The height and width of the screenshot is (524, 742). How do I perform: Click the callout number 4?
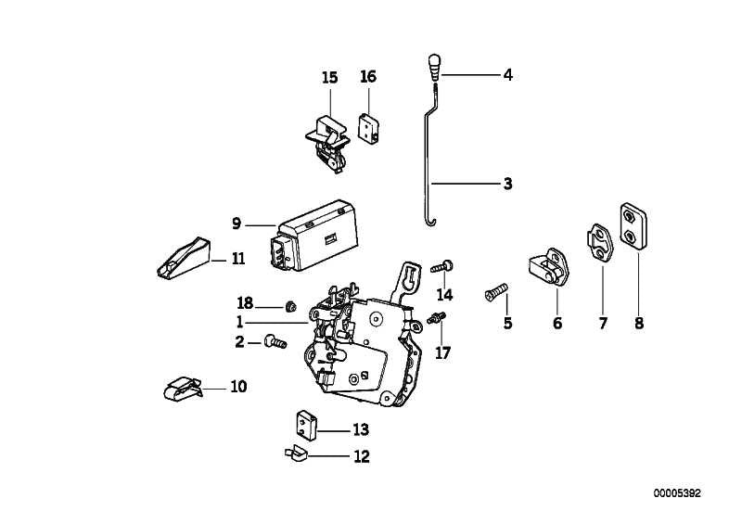[x=507, y=74]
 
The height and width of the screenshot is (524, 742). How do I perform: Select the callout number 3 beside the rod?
[x=507, y=184]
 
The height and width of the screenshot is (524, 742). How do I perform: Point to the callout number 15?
[x=330, y=77]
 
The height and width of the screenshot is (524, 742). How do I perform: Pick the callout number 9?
[x=237, y=224]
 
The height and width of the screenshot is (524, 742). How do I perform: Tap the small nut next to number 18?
[x=290, y=305]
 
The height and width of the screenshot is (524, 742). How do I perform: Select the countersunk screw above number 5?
[x=493, y=292]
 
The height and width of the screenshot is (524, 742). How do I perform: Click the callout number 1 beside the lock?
[x=239, y=322]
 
